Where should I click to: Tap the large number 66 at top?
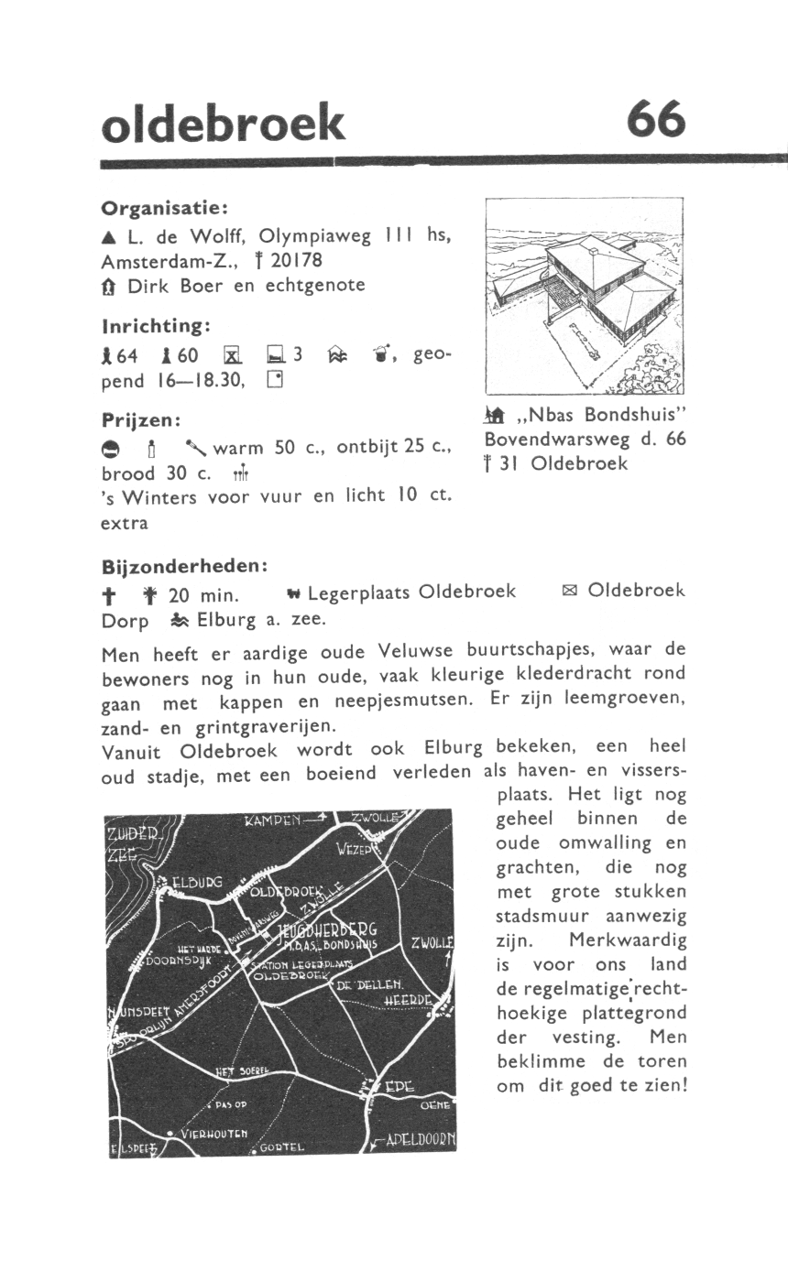point(655,120)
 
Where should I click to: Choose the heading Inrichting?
point(157,325)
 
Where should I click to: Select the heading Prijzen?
point(143,420)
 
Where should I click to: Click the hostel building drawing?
point(584,295)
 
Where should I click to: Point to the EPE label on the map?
point(399,1087)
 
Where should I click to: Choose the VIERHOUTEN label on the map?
point(213,1133)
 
